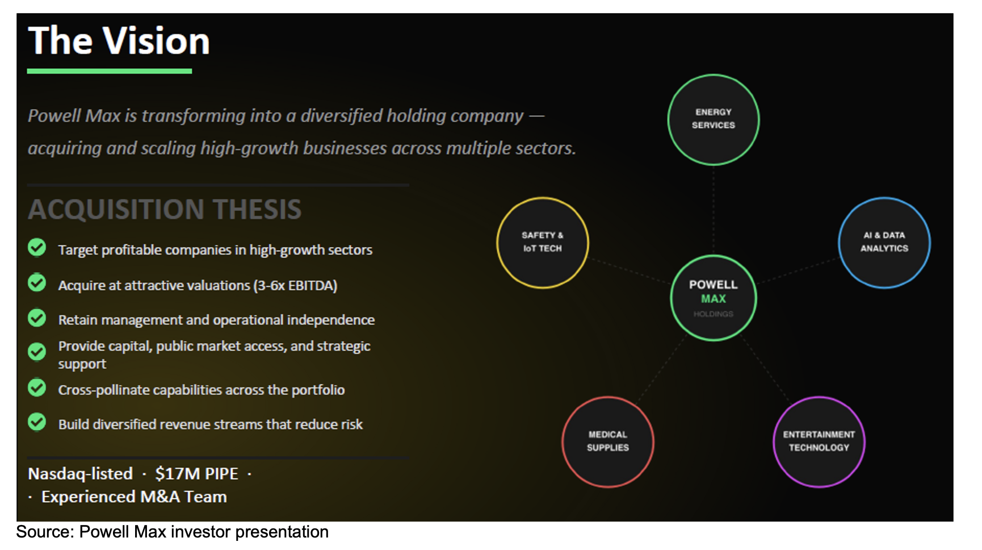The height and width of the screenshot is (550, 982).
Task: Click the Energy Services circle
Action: (x=714, y=120)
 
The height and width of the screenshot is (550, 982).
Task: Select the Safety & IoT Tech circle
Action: (x=543, y=243)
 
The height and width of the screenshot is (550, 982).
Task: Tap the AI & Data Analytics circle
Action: (x=884, y=243)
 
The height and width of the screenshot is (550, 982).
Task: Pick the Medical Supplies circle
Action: (x=608, y=441)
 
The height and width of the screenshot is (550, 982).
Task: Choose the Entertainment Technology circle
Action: (x=819, y=441)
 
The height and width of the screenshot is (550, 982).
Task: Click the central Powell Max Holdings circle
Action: (x=714, y=298)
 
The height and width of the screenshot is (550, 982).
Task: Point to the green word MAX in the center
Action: (x=714, y=299)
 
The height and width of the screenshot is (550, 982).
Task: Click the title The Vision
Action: (x=119, y=41)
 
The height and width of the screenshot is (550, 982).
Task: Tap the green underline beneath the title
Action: (x=110, y=71)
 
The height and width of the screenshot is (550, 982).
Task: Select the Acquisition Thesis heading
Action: (x=165, y=209)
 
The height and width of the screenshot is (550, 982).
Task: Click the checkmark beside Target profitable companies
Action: (x=37, y=248)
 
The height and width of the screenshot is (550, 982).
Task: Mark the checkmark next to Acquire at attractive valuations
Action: (x=37, y=282)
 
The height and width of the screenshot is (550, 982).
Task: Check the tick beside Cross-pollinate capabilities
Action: (x=37, y=388)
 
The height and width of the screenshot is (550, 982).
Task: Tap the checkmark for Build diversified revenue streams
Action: (x=37, y=422)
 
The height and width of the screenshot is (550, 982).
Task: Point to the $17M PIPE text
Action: (x=197, y=474)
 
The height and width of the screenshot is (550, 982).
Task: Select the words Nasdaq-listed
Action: (x=81, y=474)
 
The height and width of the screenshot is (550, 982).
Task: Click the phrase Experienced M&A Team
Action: (x=134, y=497)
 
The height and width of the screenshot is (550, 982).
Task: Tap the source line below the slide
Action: (x=173, y=532)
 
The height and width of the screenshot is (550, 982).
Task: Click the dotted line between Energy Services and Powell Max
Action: (x=714, y=210)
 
